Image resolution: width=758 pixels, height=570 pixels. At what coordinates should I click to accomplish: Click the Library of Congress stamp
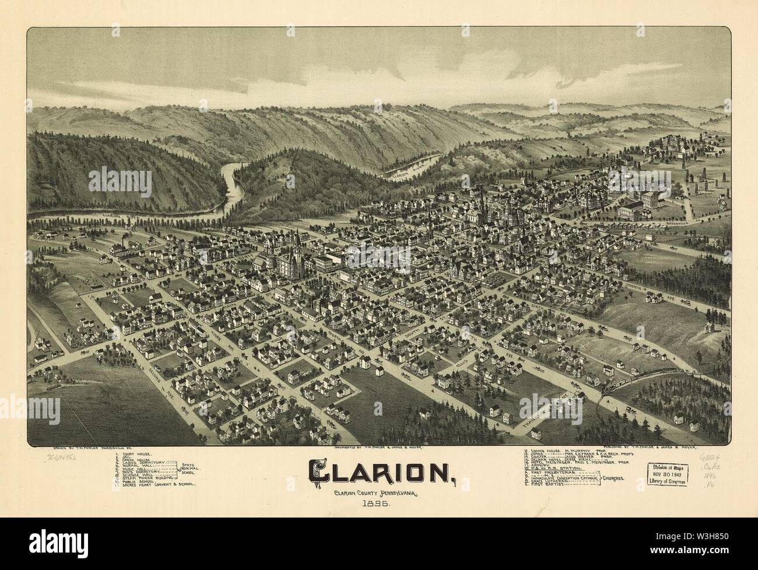669,474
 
